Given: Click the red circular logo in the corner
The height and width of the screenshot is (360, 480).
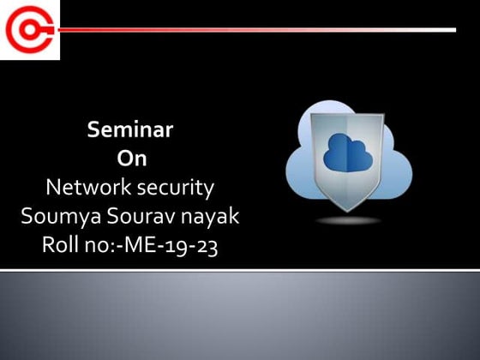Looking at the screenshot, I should [29, 30].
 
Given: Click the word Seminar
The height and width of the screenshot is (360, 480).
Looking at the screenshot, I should [130, 130].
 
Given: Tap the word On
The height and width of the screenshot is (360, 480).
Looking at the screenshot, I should [130, 159].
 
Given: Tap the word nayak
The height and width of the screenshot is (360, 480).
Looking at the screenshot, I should [213, 215].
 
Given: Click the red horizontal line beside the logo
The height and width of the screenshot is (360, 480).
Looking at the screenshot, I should [257, 30].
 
